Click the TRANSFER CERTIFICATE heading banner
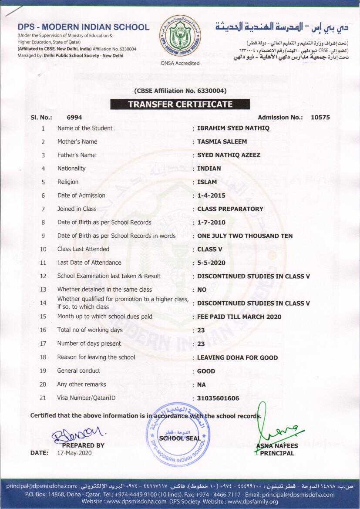click(x=180, y=104)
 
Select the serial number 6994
click(x=74, y=117)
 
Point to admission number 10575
click(x=320, y=117)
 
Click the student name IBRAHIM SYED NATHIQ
click(x=233, y=128)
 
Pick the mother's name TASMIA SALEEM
click(x=222, y=142)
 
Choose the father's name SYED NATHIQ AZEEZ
click(x=229, y=155)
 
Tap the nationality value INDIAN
click(x=209, y=169)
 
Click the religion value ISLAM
click(x=207, y=182)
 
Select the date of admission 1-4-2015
click(x=211, y=196)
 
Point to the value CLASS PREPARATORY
click(x=230, y=209)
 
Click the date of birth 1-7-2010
click(x=211, y=222)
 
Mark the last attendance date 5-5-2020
click(x=211, y=263)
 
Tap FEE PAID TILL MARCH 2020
click(x=239, y=317)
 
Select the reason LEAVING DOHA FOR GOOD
click(x=237, y=357)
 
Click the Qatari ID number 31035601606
click(x=218, y=398)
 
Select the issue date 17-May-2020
click(x=74, y=453)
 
